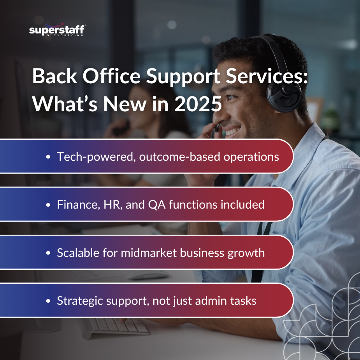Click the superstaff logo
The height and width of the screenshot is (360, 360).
coord(57,30)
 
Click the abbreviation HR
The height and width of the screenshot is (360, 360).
coord(111,204)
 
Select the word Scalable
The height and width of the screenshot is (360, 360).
coord(77,253)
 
